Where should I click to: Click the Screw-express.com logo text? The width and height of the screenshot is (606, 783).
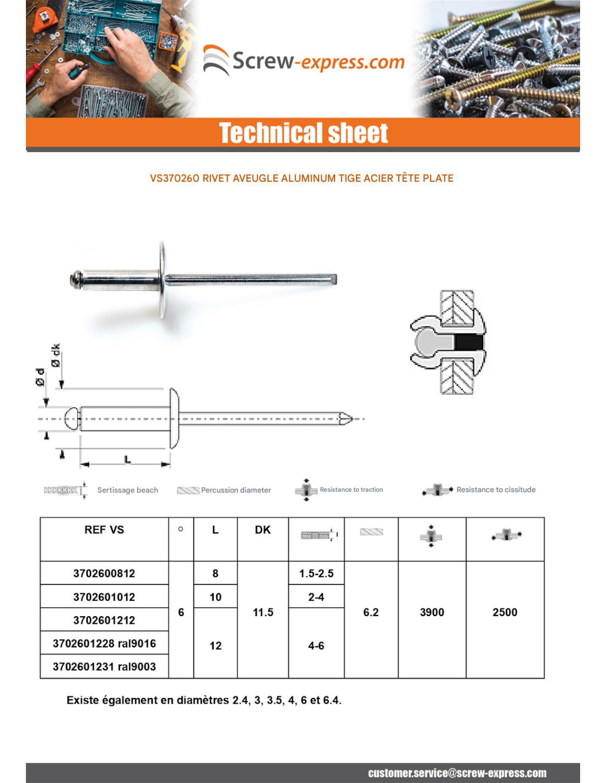click(318, 61)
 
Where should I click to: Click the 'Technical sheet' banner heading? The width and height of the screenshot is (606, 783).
click(304, 133)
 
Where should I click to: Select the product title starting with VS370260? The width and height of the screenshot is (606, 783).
click(301, 178)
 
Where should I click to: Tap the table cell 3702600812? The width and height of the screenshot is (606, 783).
click(104, 573)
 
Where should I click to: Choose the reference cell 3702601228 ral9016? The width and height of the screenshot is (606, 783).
click(104, 643)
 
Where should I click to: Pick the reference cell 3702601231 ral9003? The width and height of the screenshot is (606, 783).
click(104, 666)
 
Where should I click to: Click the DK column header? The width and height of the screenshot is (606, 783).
click(263, 530)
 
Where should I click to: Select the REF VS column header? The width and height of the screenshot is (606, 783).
click(104, 530)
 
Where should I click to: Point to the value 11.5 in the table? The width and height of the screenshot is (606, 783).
click(263, 612)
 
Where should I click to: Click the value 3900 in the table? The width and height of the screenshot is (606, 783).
click(432, 612)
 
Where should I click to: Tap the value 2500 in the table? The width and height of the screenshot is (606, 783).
click(505, 612)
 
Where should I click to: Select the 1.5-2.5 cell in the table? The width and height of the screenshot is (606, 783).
click(316, 573)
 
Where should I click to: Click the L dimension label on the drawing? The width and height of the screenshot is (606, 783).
click(127, 459)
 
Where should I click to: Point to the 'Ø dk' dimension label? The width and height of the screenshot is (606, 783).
click(56, 356)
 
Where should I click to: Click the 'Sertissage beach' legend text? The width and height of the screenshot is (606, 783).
click(127, 490)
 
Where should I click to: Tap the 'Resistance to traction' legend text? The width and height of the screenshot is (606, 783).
click(351, 490)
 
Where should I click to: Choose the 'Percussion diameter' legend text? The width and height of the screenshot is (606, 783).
click(236, 490)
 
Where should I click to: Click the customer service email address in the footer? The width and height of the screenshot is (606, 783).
click(457, 773)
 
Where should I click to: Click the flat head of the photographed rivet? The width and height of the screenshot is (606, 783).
click(163, 279)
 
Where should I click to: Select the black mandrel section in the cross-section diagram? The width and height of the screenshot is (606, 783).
click(469, 343)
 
